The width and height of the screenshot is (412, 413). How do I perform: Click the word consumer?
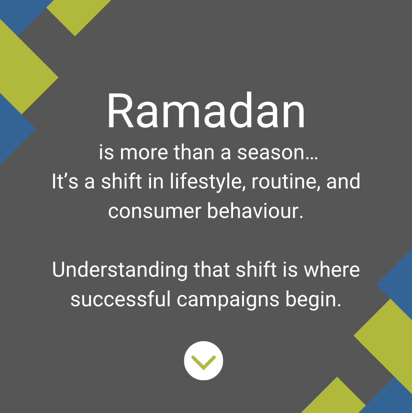155,211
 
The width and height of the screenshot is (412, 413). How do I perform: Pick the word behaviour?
254,211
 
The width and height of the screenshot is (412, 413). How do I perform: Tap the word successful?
120,300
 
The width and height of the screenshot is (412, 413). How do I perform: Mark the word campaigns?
228,301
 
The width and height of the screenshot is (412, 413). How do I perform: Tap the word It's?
65,182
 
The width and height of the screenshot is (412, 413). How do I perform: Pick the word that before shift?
212,270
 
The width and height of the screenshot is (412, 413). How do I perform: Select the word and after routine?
343,182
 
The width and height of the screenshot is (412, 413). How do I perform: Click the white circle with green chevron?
204,361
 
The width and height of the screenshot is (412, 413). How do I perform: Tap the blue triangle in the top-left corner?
21,12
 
